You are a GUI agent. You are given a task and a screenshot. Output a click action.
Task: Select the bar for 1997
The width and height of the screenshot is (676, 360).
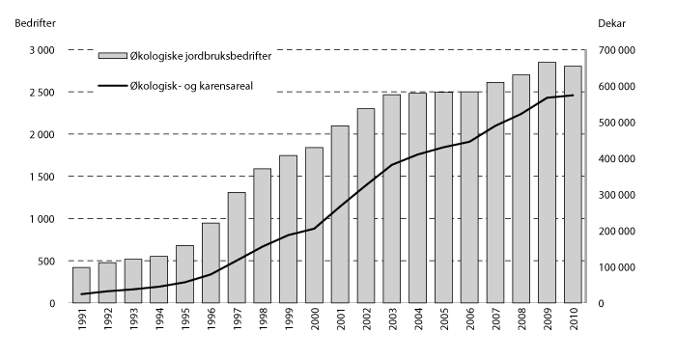[237, 248]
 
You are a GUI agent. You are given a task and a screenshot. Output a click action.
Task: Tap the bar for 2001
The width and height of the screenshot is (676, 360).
[340, 214]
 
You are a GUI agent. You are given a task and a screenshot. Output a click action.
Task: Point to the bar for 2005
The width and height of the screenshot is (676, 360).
[443, 198]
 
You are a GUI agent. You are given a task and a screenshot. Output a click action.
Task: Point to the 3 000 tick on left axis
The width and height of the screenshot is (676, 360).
[41, 50]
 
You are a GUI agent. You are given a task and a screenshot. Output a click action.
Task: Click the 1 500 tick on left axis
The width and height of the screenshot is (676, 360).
[41, 177]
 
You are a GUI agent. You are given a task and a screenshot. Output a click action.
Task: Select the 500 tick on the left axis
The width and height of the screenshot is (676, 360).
[45, 262]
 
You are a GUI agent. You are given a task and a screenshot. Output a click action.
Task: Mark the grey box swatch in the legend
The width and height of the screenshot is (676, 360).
[112, 57]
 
